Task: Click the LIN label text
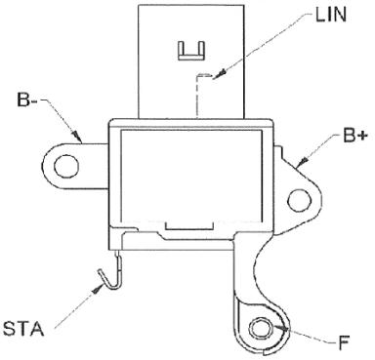pos(330,15)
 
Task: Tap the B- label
pos(27,100)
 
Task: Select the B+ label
pos(354,136)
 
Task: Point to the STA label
pos(23,329)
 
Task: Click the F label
pos(344,342)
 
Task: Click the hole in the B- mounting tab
pos(66,166)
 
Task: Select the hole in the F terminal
pos(262,329)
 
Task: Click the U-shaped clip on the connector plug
pos(191,51)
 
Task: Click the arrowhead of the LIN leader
pos(222,72)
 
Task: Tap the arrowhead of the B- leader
pos(76,136)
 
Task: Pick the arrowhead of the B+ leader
pos(304,161)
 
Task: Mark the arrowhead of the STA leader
pos(98,288)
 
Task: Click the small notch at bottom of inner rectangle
pos(189,225)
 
